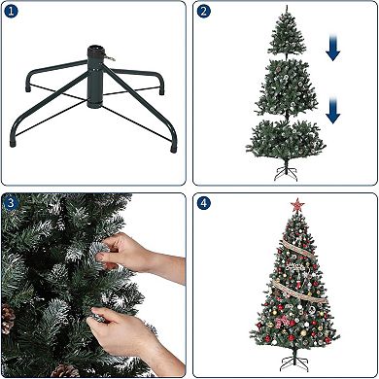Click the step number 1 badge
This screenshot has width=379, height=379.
[11, 12]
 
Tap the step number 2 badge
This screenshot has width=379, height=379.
[203, 12]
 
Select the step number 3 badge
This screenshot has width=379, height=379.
[11, 203]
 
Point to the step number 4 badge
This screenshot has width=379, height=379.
[203, 203]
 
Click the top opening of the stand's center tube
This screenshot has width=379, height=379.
[98, 47]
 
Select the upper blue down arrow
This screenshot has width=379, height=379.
[333, 50]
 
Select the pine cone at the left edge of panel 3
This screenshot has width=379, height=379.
[8, 317]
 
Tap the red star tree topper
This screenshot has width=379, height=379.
[297, 205]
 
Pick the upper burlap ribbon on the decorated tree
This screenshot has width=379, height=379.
[296, 257]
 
